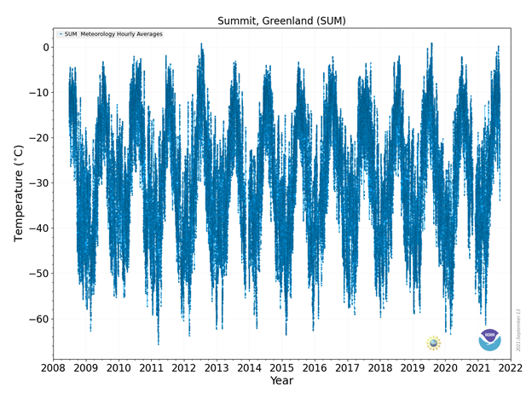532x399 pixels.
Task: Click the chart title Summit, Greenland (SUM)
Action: pos(281,20)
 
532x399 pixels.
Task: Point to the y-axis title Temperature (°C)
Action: pos(19,193)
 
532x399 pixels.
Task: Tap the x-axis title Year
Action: pos(281,381)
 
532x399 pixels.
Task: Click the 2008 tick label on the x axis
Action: pos(53,367)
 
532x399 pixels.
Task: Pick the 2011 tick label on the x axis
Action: pos(151,367)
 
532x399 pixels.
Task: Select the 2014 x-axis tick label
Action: pos(249,367)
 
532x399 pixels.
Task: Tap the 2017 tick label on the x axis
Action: pos(347,367)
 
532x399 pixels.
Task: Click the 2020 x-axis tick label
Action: pos(445,367)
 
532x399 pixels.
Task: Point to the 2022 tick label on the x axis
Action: pos(510,367)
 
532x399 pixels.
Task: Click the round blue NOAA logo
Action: pos(489,340)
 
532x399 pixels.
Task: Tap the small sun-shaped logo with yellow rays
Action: pos(433,343)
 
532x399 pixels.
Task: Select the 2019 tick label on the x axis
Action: pos(413,367)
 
